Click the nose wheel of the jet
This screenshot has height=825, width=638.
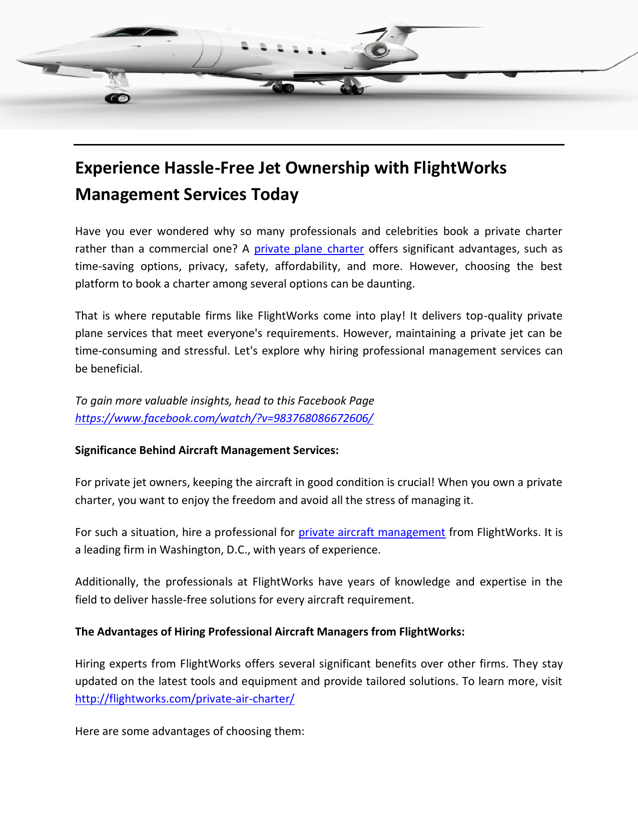click(x=118, y=98)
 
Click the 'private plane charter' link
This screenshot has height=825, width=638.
click(x=309, y=249)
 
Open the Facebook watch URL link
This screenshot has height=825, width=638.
click(x=224, y=418)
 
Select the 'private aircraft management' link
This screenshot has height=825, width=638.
click(x=372, y=532)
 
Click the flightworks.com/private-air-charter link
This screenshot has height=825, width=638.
click(x=185, y=699)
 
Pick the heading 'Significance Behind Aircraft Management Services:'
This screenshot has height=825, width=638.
click(x=207, y=450)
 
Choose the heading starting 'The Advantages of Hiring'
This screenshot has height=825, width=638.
click(x=270, y=632)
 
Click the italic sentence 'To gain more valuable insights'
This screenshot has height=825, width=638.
click(x=224, y=401)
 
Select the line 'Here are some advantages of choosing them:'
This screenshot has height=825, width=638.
click(x=190, y=731)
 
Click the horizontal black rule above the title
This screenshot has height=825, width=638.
click(x=319, y=145)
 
